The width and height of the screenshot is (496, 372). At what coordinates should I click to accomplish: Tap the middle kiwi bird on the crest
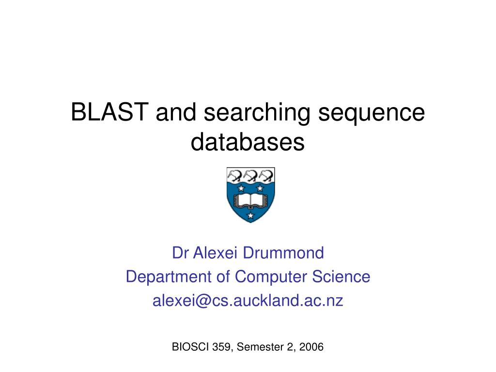(250, 174)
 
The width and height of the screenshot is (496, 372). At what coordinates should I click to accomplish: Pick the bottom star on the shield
(250, 215)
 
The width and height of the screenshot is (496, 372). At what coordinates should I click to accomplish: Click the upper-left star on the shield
(241, 188)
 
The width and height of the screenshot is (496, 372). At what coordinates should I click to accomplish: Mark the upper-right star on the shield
(260, 188)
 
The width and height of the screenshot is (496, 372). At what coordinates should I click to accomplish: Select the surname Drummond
(283, 252)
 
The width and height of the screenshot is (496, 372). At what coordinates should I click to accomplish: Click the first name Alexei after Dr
(216, 252)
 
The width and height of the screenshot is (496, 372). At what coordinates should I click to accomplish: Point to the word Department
(164, 277)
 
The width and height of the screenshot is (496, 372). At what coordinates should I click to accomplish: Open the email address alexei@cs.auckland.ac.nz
(248, 301)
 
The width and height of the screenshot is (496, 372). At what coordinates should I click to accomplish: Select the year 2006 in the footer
(311, 347)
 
